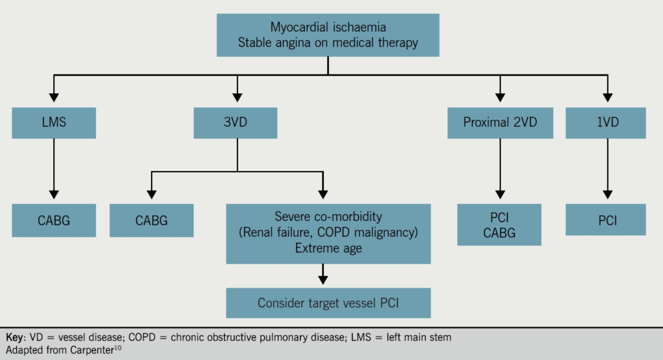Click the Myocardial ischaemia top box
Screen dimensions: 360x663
point(328,35)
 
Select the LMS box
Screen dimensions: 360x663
point(54,122)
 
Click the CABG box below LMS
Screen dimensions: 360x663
point(54,220)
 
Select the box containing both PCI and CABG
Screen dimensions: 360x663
point(499,225)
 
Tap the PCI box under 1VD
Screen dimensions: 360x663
point(606,220)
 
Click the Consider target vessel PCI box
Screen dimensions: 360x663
point(328,303)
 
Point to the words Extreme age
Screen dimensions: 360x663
point(328,248)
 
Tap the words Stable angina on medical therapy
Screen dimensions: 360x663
point(328,43)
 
